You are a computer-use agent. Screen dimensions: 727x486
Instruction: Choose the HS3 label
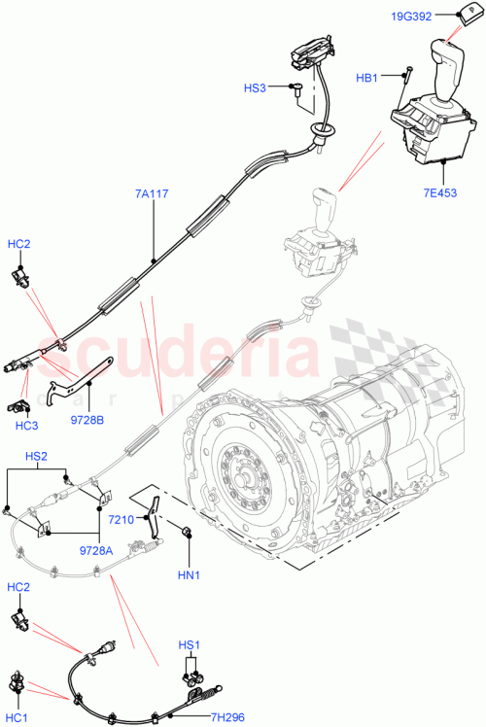coord(255,88)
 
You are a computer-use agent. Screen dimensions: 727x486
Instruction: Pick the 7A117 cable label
coord(153,194)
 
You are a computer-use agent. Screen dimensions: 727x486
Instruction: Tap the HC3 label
coord(26,425)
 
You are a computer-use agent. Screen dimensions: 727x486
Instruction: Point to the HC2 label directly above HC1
coord(17,588)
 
